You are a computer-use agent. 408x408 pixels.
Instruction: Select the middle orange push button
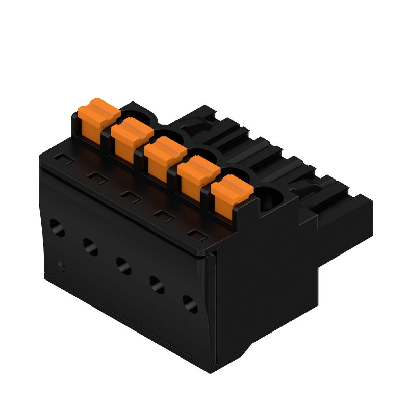coord(164,155)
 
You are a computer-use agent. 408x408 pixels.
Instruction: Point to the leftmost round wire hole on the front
coord(57,227)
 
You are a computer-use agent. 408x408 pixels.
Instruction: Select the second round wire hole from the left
coord(90,246)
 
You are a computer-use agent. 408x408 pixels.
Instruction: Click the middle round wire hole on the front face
coord(123,265)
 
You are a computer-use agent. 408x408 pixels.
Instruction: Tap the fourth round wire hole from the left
coord(156,285)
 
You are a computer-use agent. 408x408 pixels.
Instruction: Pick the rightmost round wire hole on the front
coord(189,304)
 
